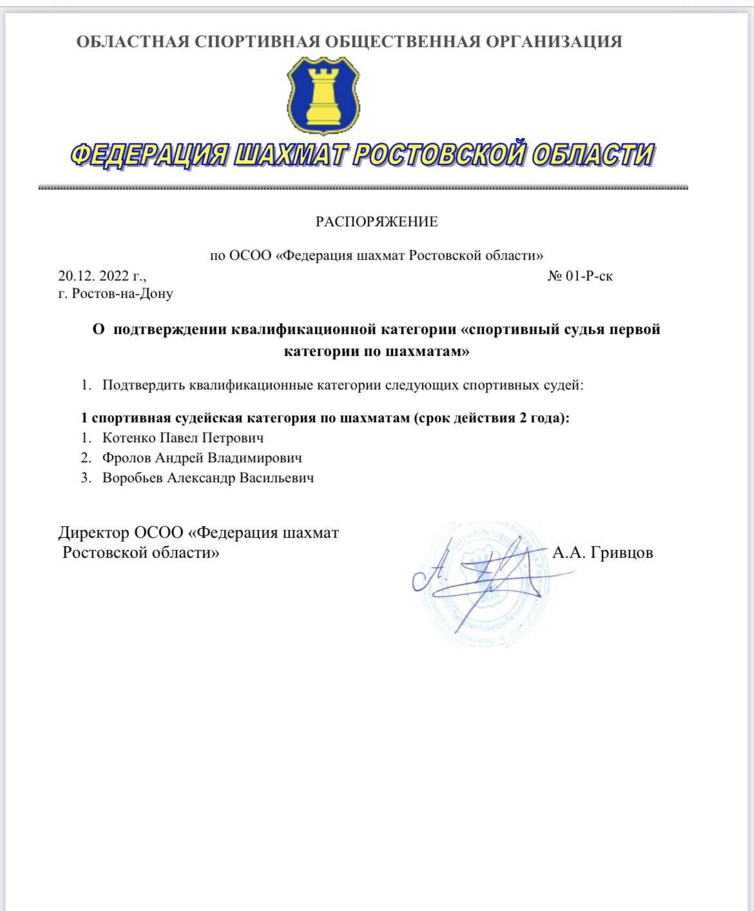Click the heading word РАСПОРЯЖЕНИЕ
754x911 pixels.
point(376,222)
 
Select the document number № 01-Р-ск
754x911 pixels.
point(579,276)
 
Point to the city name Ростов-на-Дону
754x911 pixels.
point(122,294)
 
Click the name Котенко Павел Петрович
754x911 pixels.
point(183,438)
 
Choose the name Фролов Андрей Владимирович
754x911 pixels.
point(202,458)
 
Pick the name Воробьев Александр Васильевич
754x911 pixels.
point(208,478)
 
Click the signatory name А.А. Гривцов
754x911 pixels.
point(603,553)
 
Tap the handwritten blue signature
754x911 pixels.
point(477,574)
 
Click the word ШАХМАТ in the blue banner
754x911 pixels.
point(289,155)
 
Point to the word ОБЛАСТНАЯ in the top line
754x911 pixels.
point(133,42)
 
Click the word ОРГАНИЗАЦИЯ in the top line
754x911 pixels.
point(554,42)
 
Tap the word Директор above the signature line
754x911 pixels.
point(93,533)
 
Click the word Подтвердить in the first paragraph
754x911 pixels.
point(144,386)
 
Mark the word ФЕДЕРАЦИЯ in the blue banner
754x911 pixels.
point(148,155)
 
